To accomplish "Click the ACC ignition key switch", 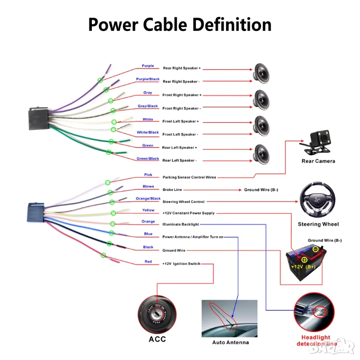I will [157, 315].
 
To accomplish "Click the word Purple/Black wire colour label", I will [148, 79].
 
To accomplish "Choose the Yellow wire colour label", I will [148, 210].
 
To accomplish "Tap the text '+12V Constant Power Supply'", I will [188, 213].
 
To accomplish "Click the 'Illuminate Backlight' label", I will [180, 225].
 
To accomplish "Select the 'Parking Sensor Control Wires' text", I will [189, 178].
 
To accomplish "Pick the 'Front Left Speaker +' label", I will [180, 121].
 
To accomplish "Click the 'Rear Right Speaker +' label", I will [181, 68].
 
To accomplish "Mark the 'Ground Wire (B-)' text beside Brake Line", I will [261, 190].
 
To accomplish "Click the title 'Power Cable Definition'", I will [180, 24].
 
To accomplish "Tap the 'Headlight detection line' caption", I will [316, 340].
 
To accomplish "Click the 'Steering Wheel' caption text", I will [318, 224].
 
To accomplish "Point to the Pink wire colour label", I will [148, 175].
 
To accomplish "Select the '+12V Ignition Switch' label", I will [181, 264].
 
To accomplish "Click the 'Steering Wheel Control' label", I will [183, 202].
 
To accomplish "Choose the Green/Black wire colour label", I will [148, 159].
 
